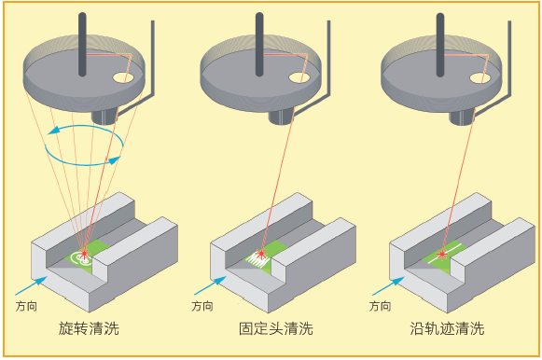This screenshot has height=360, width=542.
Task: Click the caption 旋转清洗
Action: pos(89,328)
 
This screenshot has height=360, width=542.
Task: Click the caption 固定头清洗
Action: pos(276,328)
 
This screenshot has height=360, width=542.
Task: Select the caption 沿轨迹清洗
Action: pos(447,328)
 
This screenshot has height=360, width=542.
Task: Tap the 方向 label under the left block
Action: pos(26,306)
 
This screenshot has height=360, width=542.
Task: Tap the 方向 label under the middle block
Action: pos(202,306)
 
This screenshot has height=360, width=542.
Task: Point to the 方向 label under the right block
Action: pos(381,306)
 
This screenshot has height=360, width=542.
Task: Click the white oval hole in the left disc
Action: pos(123,77)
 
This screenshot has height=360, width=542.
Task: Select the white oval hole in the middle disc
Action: pos(299,77)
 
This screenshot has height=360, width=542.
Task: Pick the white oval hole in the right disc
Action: pos(480,77)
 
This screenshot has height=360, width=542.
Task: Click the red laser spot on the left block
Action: pos(84,254)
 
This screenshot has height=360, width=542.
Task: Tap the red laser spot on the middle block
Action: pos(261,254)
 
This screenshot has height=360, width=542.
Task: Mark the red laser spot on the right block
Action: pos(441,255)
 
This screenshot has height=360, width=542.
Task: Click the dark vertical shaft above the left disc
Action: pos(82,44)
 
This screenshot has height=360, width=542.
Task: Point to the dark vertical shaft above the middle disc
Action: pos(259,44)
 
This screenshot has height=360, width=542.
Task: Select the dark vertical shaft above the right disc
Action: pos(440,45)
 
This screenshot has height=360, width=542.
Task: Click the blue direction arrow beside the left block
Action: pos(31,285)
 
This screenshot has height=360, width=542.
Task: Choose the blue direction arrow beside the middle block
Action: pos(210,285)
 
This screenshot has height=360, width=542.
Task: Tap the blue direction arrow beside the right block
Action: pos(388,285)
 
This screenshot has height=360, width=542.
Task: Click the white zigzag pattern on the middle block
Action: pos(257,259)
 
